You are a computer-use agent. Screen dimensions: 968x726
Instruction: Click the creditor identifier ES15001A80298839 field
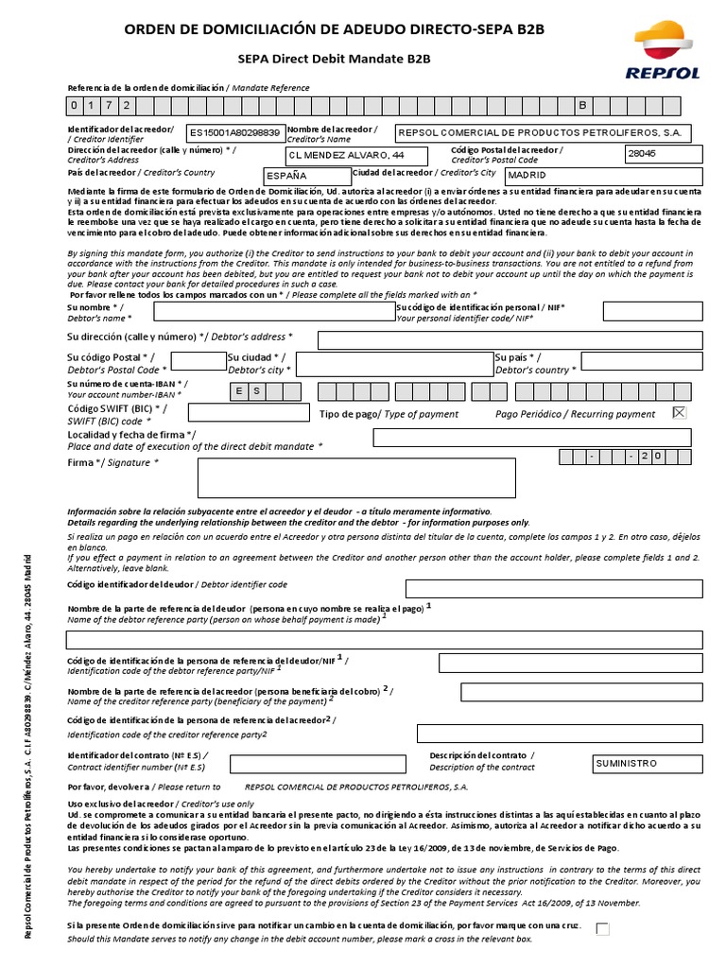click(x=234, y=132)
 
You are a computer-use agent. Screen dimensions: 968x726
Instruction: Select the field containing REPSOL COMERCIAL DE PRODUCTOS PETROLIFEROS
click(x=543, y=132)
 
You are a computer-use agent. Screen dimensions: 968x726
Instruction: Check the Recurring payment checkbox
click(x=680, y=412)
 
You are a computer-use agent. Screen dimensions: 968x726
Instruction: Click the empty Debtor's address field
click(x=510, y=340)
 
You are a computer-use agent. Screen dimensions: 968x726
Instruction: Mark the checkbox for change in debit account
click(x=603, y=928)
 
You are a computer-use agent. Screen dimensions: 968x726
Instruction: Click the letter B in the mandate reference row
click(x=582, y=104)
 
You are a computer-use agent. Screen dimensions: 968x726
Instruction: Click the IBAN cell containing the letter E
click(x=240, y=391)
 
